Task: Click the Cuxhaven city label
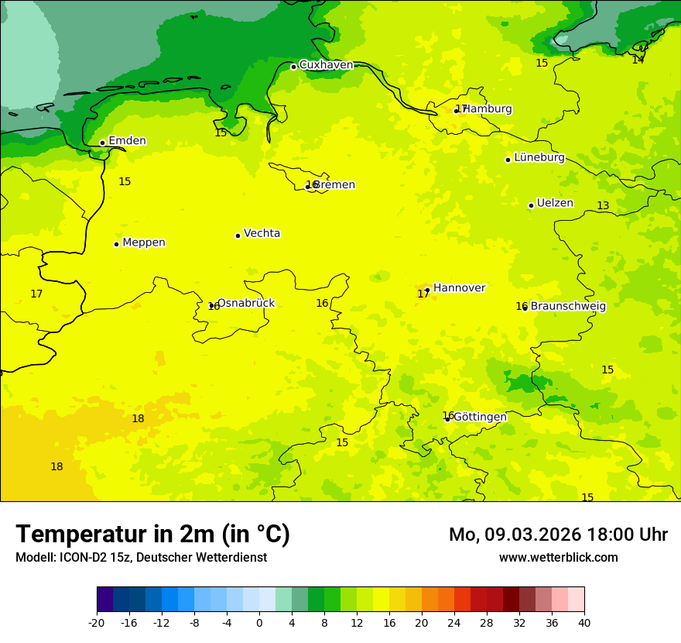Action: coord(326,65)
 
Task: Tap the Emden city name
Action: coord(127,141)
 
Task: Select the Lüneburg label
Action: coord(539,157)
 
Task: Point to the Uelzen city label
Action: coord(555,203)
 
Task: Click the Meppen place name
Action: coord(144,242)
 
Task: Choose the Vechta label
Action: coord(262,233)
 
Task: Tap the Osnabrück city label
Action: coord(245,303)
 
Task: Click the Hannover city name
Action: coord(459,288)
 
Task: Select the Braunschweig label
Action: coord(568,306)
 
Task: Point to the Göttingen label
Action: coord(480,417)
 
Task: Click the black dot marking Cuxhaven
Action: coord(293,67)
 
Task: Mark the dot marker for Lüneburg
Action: coord(508,160)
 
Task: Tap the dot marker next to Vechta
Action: coord(238,236)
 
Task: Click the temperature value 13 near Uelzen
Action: coord(603,205)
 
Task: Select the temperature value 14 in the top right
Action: coord(638,60)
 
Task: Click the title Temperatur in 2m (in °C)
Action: coord(152,534)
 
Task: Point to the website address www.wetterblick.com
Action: coord(558,558)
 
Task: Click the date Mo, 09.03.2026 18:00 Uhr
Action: coord(558,535)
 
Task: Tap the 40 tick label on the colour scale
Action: coord(584,622)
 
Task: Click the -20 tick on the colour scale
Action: coord(97,622)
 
